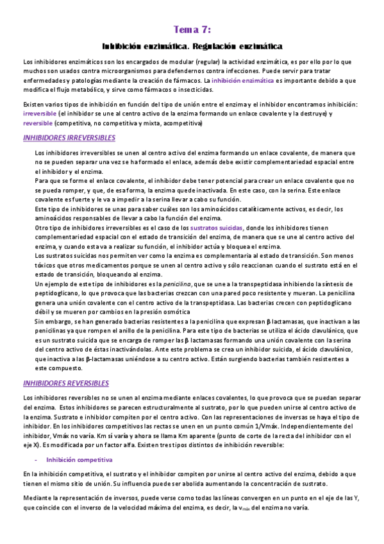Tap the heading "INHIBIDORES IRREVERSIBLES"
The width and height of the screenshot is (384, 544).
(x=69, y=138)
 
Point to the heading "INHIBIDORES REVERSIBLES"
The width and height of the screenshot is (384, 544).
(x=65, y=383)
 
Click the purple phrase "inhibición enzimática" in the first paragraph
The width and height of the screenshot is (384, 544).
(x=238, y=82)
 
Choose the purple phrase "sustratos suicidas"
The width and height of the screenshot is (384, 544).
(x=217, y=228)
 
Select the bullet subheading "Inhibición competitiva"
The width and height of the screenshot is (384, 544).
(x=79, y=460)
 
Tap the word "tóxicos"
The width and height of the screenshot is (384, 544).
(x=47, y=264)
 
